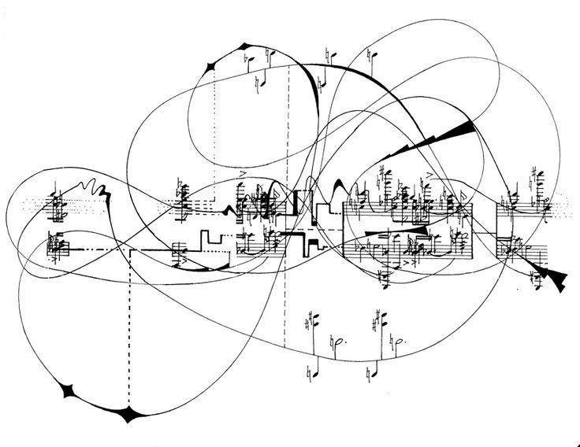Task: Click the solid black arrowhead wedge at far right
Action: coord(556,277)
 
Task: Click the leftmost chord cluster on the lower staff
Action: coord(57,246)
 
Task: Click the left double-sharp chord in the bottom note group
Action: coord(313,324)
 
